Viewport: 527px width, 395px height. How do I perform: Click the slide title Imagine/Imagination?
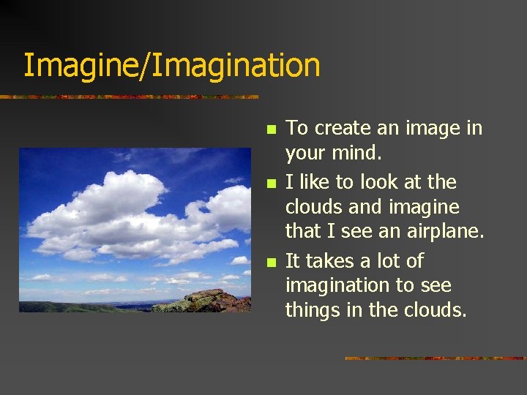171,65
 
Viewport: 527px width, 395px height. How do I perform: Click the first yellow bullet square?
271,129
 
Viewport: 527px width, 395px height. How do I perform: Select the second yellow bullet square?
271,183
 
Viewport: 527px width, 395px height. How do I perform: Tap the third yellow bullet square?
271,262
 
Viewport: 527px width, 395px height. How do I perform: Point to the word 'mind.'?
358,154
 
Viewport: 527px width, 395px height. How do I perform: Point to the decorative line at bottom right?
435,358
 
